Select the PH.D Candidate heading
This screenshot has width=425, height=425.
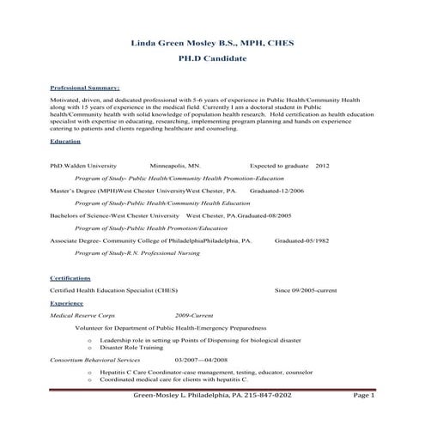click(x=211, y=59)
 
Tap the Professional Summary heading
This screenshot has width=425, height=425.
click(x=84, y=88)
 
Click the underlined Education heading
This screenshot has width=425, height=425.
click(x=65, y=141)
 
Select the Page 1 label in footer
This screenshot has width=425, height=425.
click(x=364, y=396)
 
